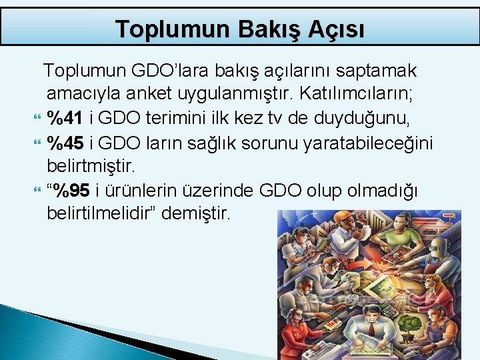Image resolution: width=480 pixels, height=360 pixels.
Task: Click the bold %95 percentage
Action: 71,191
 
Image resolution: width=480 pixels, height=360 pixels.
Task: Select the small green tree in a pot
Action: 411,323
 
